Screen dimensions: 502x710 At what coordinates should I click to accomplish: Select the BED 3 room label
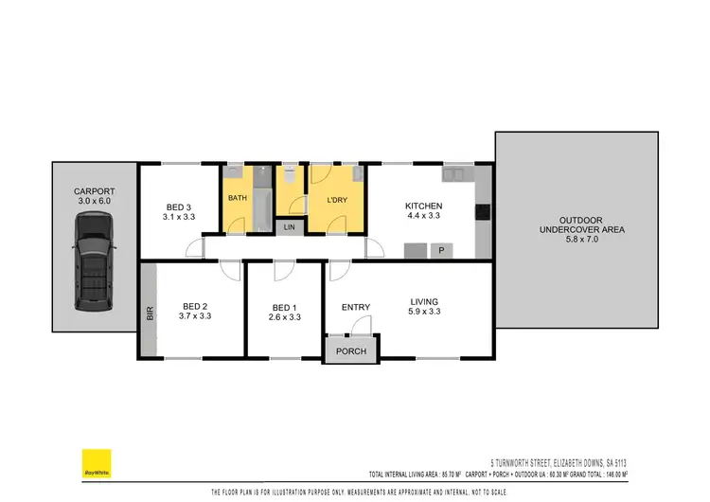[x=179, y=207]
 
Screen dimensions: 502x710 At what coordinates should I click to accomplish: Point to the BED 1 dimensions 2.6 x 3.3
[x=285, y=317]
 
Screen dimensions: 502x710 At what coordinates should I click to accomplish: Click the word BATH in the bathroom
[x=237, y=198]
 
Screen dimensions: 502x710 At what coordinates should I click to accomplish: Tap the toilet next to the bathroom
[x=289, y=175]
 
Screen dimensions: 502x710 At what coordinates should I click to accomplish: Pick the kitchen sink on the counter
[x=455, y=173]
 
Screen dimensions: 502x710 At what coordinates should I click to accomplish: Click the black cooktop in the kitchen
[x=482, y=212]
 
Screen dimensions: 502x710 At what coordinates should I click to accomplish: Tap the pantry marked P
[x=441, y=250]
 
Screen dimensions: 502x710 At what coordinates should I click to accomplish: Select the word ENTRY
[x=356, y=307]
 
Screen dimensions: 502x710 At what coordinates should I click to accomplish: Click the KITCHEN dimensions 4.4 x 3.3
[x=423, y=217]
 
